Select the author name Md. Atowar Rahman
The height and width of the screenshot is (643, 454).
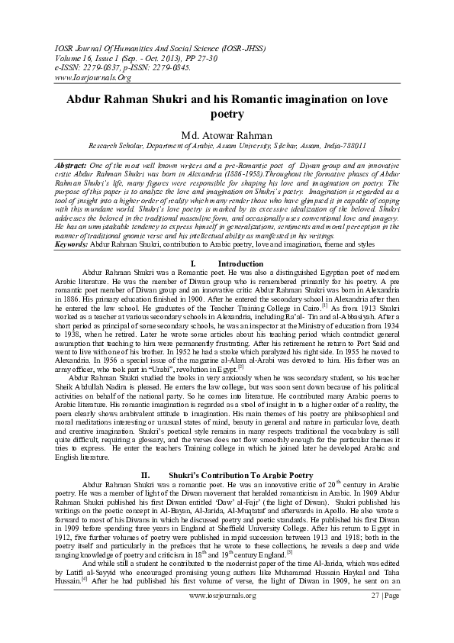[x=227, y=136]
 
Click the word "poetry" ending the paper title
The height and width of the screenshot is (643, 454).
[x=227, y=115]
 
